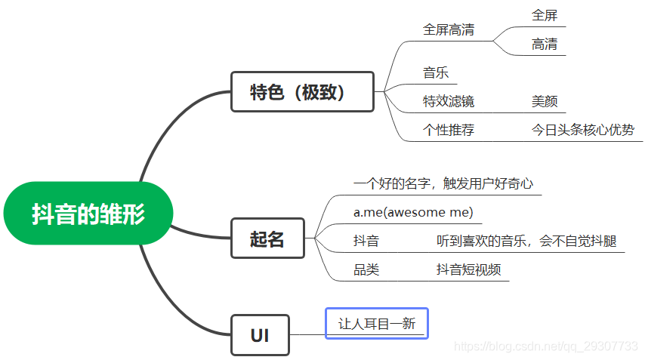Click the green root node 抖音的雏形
pos(88,214)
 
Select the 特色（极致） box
pos(302,92)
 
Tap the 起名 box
pos(267,238)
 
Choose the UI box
pos(260,335)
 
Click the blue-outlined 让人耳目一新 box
pos(376,323)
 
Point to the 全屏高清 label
pos(449,30)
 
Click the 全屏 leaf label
pos(545,15)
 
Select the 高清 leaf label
pos(545,45)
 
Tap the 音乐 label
pos(436,73)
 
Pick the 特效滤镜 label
pos(449,101)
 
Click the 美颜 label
pos(545,101)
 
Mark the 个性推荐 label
pos(449,130)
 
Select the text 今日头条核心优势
pos(583,130)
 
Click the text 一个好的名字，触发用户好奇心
pos(443,183)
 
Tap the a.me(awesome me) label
pos(413,212)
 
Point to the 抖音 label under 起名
pos(366,241)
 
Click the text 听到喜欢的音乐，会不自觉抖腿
pos(526,241)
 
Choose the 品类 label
pos(366,269)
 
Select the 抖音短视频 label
pos(469,269)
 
